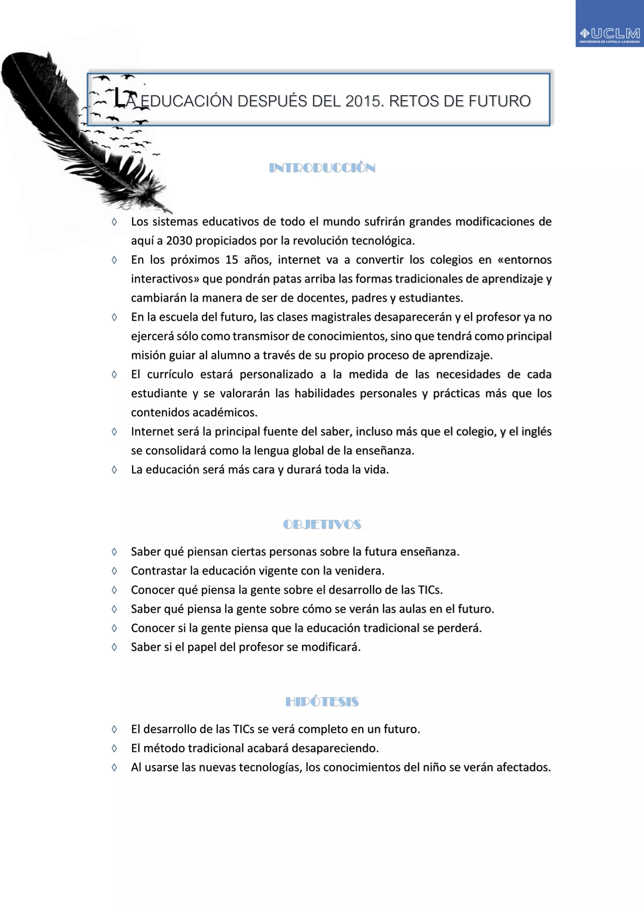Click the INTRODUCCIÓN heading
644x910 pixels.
click(x=322, y=168)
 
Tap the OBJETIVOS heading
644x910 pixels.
click(x=322, y=524)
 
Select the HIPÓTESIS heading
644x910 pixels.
click(x=322, y=702)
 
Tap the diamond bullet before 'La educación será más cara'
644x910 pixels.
click(x=114, y=470)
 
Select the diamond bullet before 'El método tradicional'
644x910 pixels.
click(x=114, y=748)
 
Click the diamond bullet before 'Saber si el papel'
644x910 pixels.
click(x=114, y=647)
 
